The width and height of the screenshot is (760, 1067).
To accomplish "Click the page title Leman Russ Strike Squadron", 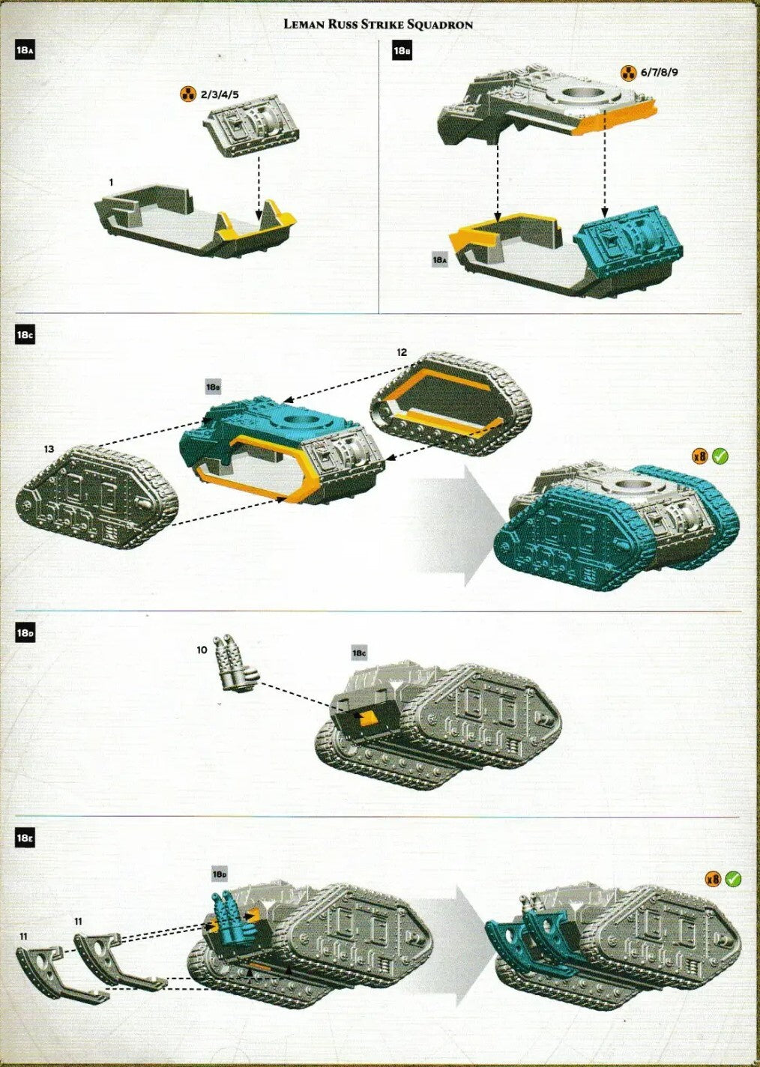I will pos(378,24).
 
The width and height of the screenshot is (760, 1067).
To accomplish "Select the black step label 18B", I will pos(402,51).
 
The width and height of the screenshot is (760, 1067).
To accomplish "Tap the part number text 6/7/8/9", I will pos(660,73).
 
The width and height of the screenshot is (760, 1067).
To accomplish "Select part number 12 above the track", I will pos(402,351).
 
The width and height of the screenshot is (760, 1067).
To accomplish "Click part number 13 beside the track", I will pos(49,449).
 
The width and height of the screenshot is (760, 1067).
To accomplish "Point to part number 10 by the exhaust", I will pos(202,650).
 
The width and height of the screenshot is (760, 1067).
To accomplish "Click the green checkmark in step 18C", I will pos(720,455).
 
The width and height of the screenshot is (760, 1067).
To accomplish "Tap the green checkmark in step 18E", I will pos(733,878).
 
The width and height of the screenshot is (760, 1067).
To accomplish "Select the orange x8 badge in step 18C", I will pos(699,456).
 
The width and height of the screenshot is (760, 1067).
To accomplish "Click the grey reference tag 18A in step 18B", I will pos(440,260).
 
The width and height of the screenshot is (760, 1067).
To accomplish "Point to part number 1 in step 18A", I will pos(111,182).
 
